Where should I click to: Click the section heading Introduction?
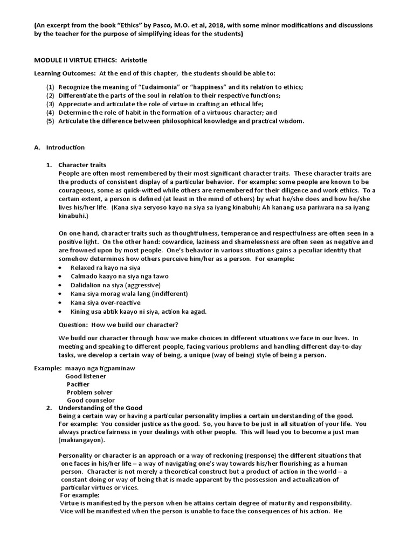tap(65, 147)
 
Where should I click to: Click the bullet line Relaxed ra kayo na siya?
tap(105, 267)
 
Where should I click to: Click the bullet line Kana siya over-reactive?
tap(105, 302)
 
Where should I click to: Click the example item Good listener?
tap(86, 376)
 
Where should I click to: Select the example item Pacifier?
tap(78, 384)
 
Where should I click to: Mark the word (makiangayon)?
tap(81, 440)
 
